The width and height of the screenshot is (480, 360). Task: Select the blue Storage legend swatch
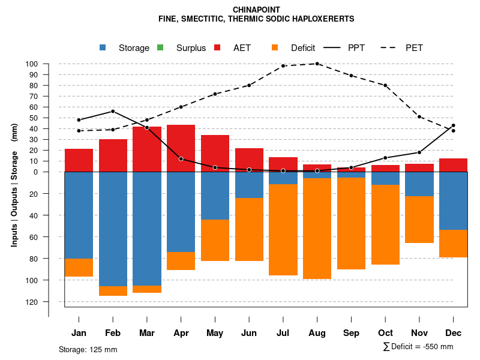[x=103, y=47]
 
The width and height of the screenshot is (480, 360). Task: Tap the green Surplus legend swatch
[x=160, y=47]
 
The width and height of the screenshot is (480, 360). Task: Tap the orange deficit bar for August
[x=317, y=229]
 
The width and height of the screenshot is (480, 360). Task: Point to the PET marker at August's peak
[x=317, y=64]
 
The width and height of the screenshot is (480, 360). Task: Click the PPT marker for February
[x=113, y=112]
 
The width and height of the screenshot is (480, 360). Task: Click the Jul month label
[x=283, y=333]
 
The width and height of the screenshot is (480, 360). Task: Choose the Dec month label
[x=453, y=333]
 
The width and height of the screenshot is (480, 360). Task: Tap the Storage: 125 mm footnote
[x=88, y=349]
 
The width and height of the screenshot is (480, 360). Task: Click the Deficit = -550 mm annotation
[x=418, y=346]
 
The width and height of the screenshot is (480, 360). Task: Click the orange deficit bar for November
[x=419, y=220]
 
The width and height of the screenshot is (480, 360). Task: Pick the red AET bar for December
[x=453, y=165]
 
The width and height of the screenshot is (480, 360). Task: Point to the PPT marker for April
[x=181, y=159]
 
